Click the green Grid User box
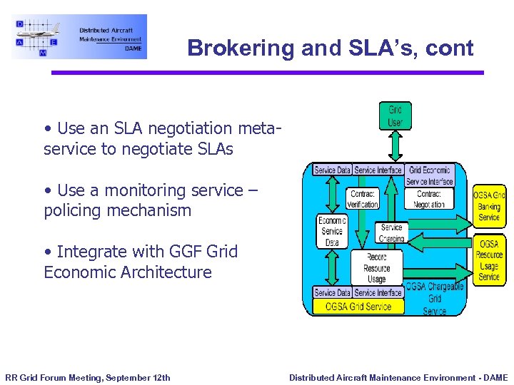(395, 115)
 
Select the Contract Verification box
(363, 199)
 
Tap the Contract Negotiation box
(429, 199)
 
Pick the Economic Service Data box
(332, 232)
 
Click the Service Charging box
(391, 232)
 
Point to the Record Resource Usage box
(376, 268)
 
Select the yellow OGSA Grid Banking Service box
(489, 206)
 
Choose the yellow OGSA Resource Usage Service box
(489, 260)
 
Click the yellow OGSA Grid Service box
(358, 307)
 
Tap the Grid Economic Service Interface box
(430, 175)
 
